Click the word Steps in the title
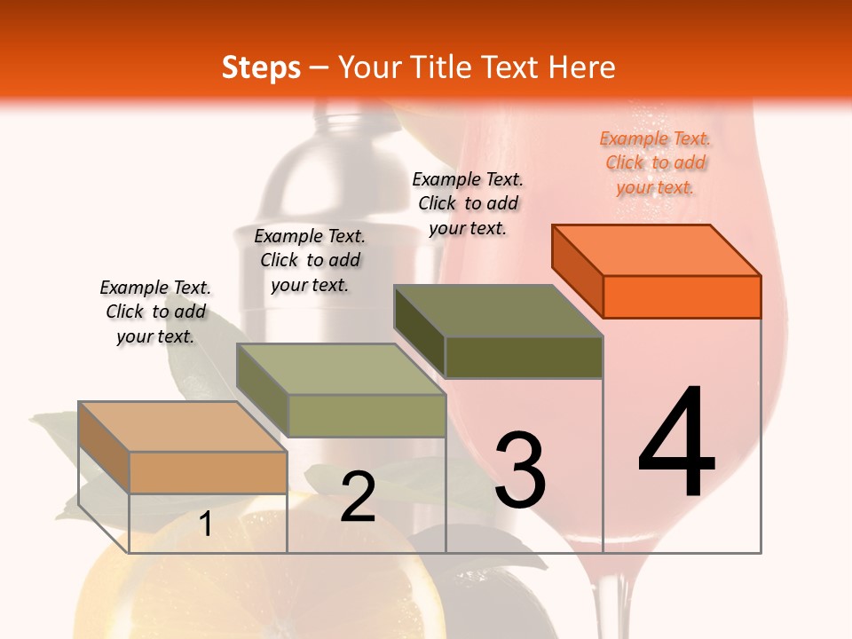click(x=261, y=67)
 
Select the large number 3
click(x=520, y=470)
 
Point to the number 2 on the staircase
click(x=358, y=498)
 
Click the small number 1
click(x=206, y=525)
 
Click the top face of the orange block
click(x=657, y=249)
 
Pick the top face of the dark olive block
click(x=499, y=311)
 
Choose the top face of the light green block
click(x=341, y=369)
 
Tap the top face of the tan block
click(x=183, y=427)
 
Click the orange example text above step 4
click(x=655, y=162)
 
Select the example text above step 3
click(x=468, y=203)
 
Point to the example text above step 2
click(x=310, y=260)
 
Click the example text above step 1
click(x=155, y=312)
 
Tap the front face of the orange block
click(x=682, y=296)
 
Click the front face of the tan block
click(x=208, y=472)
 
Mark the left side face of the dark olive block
click(x=419, y=331)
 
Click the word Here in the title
click(x=581, y=67)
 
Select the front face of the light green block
click(x=367, y=415)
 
